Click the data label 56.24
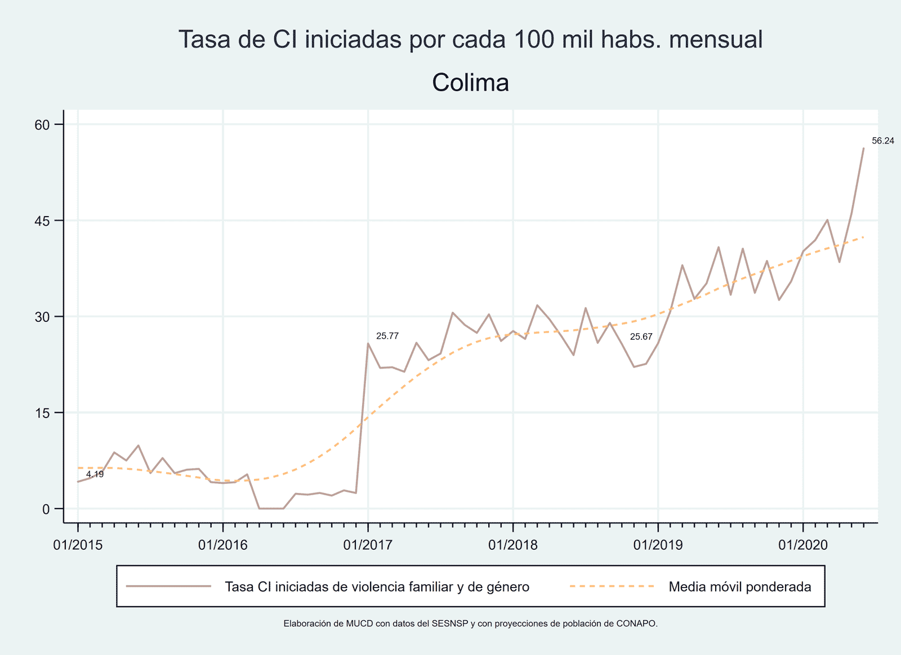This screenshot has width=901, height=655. point(882,141)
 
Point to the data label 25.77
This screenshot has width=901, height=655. point(387,336)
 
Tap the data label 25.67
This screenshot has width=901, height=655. point(641,337)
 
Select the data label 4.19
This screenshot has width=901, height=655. point(95,474)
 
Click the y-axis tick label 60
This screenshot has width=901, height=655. point(43,124)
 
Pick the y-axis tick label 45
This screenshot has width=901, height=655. point(43,221)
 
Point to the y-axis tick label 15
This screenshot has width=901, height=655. point(43,412)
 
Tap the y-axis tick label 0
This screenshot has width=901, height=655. point(46,509)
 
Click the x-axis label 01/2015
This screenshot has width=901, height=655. point(78,545)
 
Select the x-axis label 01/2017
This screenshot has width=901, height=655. point(368,545)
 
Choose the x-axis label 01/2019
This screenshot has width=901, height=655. point(658,545)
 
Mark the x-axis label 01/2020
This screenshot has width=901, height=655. point(803,545)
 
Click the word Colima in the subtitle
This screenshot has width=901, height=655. point(471,83)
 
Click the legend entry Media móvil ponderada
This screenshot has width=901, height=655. point(739,587)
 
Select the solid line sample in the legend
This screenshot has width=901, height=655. point(168,586)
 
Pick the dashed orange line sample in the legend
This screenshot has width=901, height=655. point(612,586)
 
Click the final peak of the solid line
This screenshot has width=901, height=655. point(863,149)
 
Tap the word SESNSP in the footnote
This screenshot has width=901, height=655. point(450,623)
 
